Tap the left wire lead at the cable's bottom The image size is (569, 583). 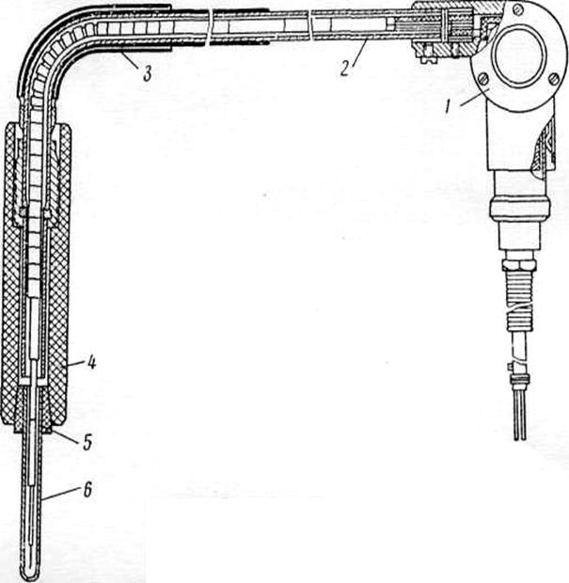tap(514, 418)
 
